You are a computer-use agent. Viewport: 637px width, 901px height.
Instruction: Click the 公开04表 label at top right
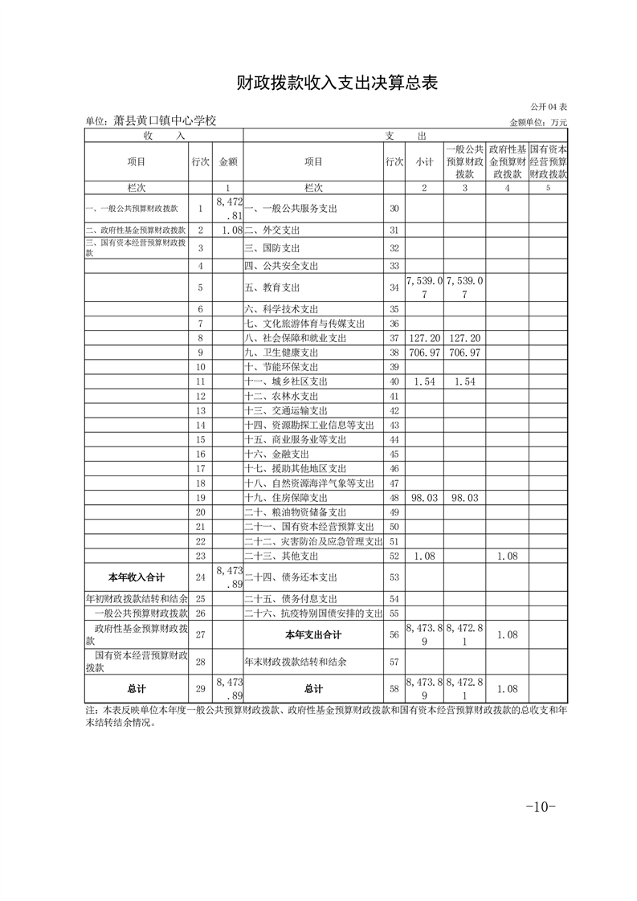pyautogui.click(x=549, y=107)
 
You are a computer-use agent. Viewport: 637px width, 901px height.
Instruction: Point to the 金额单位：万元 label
pyautogui.click(x=538, y=122)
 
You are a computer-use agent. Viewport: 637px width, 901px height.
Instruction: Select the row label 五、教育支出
pyautogui.click(x=272, y=287)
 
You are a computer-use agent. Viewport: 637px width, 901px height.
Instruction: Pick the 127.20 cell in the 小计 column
pyautogui.click(x=424, y=339)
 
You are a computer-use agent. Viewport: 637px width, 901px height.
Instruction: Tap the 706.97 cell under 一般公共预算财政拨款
pyautogui.click(x=465, y=353)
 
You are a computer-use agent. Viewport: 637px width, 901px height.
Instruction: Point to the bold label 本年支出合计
pyautogui.click(x=313, y=634)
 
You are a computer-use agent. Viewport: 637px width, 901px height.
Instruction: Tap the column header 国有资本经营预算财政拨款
pyautogui.click(x=549, y=161)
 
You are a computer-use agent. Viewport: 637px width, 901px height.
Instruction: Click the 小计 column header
pyautogui.click(x=424, y=161)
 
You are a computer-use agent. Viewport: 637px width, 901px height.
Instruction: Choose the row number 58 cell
pyautogui.click(x=394, y=689)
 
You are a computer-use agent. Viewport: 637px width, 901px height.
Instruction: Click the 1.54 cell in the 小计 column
pyautogui.click(x=424, y=382)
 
